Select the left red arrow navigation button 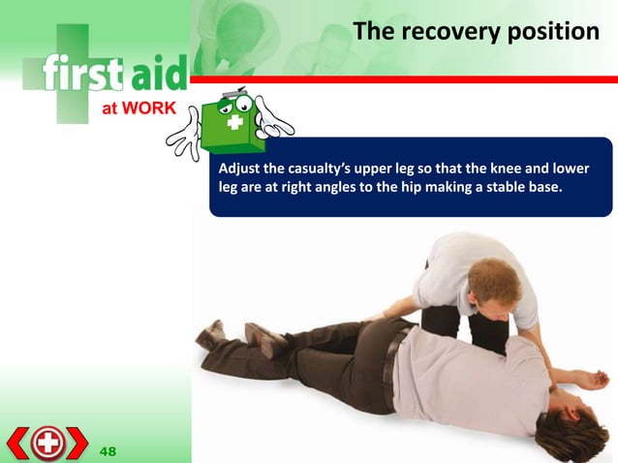pos(17,443)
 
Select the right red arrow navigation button pos(77,443)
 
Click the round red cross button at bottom pos(46,443)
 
